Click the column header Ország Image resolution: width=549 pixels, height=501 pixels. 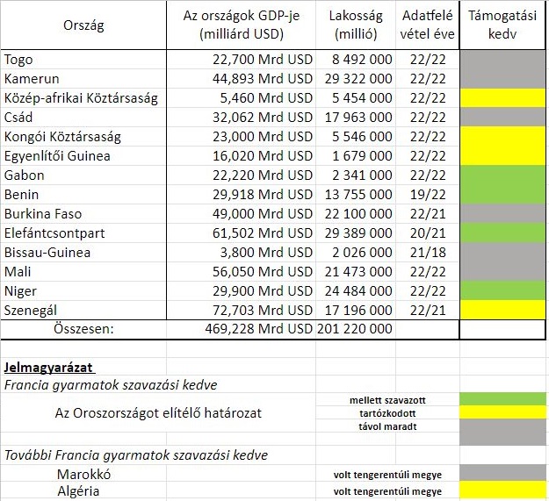tap(83, 25)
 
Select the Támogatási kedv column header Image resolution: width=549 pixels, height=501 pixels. tap(502, 25)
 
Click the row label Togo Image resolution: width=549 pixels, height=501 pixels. tap(19, 60)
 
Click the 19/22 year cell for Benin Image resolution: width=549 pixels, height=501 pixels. tap(427, 195)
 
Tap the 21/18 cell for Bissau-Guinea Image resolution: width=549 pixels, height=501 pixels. tap(427, 253)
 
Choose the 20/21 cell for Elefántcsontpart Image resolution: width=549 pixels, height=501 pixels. tap(427, 233)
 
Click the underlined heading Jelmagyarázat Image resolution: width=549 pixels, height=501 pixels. tap(49, 366)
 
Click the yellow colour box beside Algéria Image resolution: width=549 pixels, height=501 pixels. tap(502, 491)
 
